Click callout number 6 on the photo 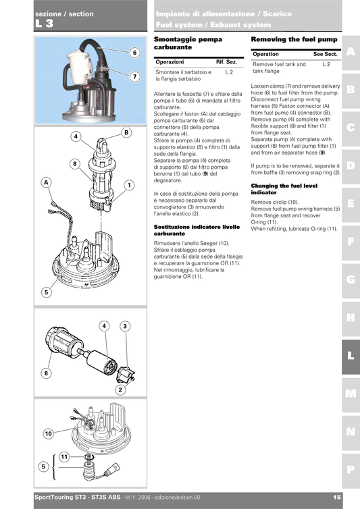134,53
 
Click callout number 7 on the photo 134,77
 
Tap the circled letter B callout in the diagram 126,133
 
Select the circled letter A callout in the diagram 46,182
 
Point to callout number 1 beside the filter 128,185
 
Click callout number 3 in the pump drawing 125,326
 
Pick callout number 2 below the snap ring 120,390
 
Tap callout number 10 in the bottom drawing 48,433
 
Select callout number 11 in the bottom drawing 65,457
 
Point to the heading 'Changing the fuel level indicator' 284,188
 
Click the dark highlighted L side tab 350,355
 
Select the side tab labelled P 350,468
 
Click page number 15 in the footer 336,498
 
